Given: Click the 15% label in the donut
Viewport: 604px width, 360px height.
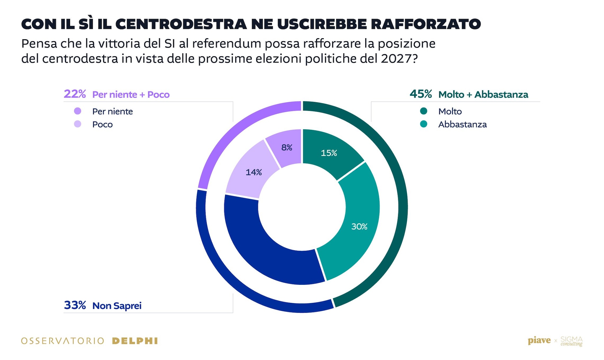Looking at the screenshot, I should pos(329,153).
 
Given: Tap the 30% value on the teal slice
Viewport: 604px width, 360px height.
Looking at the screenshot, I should pos(359,226).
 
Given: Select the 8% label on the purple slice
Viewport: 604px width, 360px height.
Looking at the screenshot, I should pos(287,147).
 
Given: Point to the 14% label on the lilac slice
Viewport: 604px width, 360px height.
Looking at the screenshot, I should pos(254,172).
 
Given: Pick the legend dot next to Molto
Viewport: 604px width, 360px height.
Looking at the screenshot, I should pos(424,111).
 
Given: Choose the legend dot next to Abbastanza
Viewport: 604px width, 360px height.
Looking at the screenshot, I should pos(424,124).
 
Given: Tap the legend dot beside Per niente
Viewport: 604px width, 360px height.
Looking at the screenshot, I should pos(78,111).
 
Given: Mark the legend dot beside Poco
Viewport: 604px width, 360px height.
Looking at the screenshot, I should pos(78,124).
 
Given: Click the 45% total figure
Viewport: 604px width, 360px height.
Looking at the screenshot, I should pos(421,94).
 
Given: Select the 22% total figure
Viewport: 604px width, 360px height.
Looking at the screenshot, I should pos(75,94).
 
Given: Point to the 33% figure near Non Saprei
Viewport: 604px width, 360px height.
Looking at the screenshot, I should pos(75,305).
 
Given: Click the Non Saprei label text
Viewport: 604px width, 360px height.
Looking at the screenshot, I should pos(117,306).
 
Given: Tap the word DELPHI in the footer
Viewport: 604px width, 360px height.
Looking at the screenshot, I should pos(135,341).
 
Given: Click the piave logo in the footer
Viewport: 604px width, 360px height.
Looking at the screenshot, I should pos(539,341).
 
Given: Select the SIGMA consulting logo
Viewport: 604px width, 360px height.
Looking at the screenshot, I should pos(572,341).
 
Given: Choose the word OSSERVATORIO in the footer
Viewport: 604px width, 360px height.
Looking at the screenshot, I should pos(63,341).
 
